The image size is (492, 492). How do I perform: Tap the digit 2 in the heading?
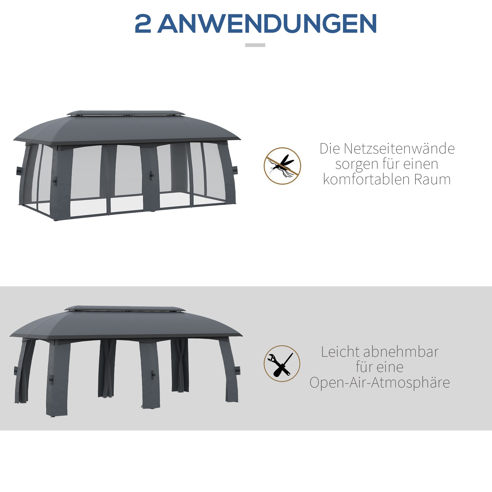click(143, 24)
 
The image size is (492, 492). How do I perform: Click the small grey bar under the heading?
click(255, 45)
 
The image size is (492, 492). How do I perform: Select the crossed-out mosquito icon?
click(282, 166)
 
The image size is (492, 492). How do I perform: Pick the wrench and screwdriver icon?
click(282, 364)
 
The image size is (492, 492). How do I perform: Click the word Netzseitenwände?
click(399, 149)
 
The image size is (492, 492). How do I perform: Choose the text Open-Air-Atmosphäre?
click(379, 383)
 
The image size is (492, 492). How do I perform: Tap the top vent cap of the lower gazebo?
click(125, 308)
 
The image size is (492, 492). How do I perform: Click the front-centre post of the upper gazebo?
click(150, 178)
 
